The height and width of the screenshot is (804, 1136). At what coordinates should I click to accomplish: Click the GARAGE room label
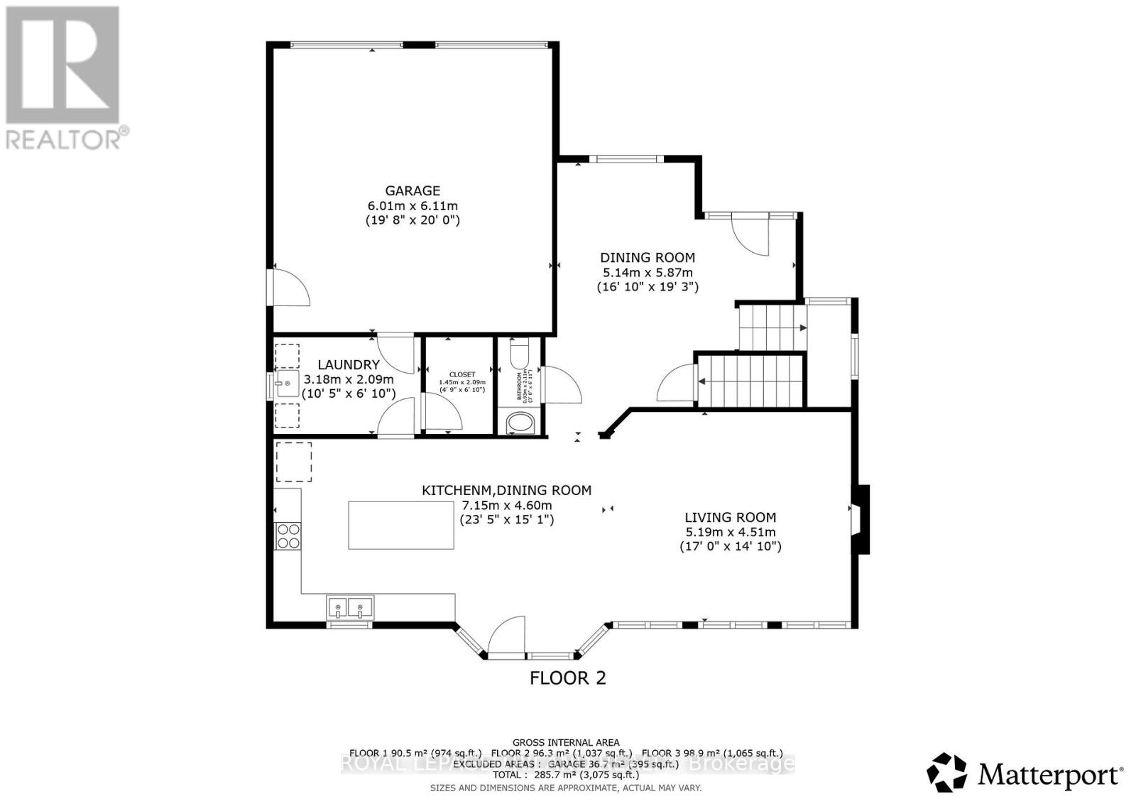(412, 190)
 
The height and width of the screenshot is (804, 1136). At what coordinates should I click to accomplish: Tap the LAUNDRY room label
(348, 364)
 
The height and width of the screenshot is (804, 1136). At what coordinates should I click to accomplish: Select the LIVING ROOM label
(730, 517)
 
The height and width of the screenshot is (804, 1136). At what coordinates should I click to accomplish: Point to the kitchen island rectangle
(401, 525)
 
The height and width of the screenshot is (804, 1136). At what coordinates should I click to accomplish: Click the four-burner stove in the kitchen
(288, 536)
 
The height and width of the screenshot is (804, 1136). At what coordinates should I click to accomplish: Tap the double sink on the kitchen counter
(350, 607)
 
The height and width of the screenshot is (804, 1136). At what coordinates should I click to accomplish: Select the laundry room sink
(287, 384)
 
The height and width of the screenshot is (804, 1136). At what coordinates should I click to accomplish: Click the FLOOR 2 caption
(568, 678)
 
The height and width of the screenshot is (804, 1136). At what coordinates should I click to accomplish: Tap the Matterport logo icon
(947, 772)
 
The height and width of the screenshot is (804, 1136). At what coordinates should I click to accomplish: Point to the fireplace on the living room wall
(860, 519)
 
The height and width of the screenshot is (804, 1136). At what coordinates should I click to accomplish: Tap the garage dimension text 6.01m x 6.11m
(412, 206)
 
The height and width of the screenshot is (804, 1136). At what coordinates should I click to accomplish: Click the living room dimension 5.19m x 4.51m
(730, 532)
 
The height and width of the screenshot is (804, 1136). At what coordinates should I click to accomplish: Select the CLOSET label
(461, 374)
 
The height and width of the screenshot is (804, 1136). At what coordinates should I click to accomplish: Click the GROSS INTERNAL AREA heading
(565, 742)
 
